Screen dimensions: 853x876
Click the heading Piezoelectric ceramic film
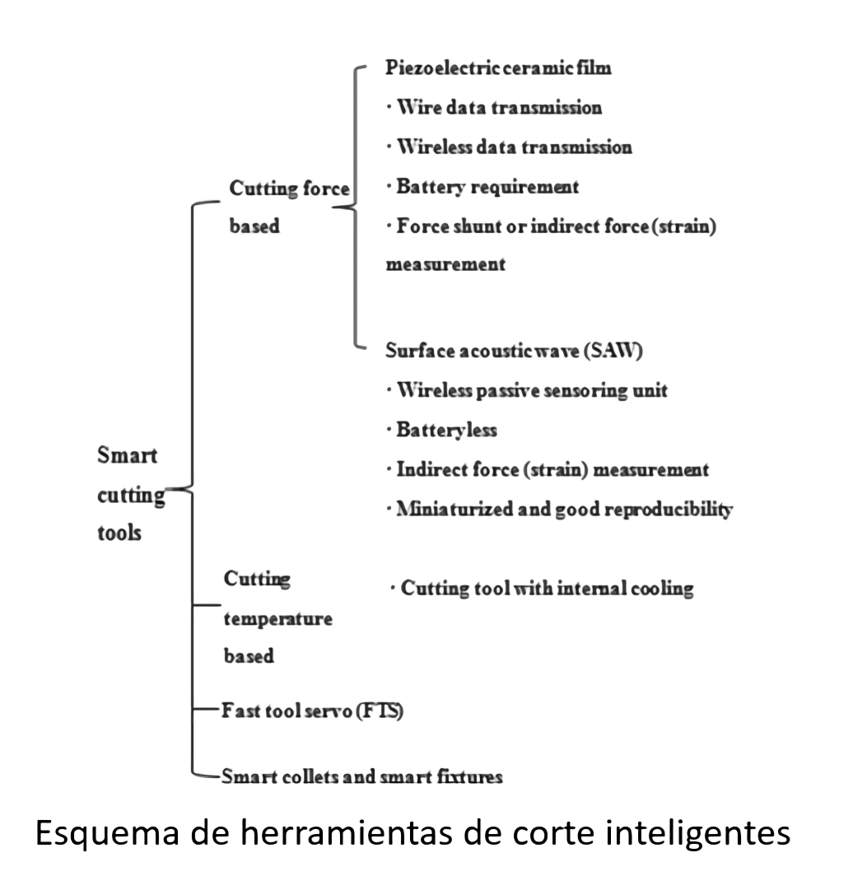tap(498, 68)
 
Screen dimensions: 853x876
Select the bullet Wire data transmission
tap(494, 107)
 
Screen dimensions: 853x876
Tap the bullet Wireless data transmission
tap(510, 147)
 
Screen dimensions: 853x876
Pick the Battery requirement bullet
tap(482, 187)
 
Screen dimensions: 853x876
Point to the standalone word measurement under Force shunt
tap(445, 264)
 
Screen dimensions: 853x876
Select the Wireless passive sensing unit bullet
tap(527, 390)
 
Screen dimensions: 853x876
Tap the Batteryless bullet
tap(442, 430)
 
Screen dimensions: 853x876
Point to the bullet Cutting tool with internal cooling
tap(542, 589)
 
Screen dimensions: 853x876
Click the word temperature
tap(278, 619)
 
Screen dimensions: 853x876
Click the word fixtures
tap(470, 776)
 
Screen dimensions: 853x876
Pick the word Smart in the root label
tap(128, 455)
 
